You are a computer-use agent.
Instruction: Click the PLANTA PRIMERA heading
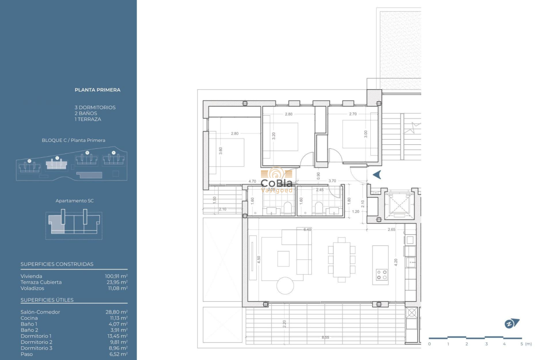pyautogui.click(x=97, y=90)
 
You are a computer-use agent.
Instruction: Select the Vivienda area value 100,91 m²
pyautogui.click(x=116, y=276)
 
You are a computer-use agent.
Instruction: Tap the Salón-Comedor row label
pyautogui.click(x=40, y=312)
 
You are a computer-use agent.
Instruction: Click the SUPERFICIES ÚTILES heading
pyautogui.click(x=47, y=300)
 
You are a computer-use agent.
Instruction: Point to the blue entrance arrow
pyautogui.click(x=377, y=174)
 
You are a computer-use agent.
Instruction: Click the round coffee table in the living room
pyautogui.click(x=285, y=286)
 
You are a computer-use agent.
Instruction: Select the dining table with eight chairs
pyautogui.click(x=342, y=260)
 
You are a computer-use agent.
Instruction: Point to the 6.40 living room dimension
pyautogui.click(x=307, y=230)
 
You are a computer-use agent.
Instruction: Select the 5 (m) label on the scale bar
pyautogui.click(x=525, y=344)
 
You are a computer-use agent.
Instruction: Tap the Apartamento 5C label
pyautogui.click(x=75, y=201)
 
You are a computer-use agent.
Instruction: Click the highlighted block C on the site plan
pyautogui.click(x=57, y=164)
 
